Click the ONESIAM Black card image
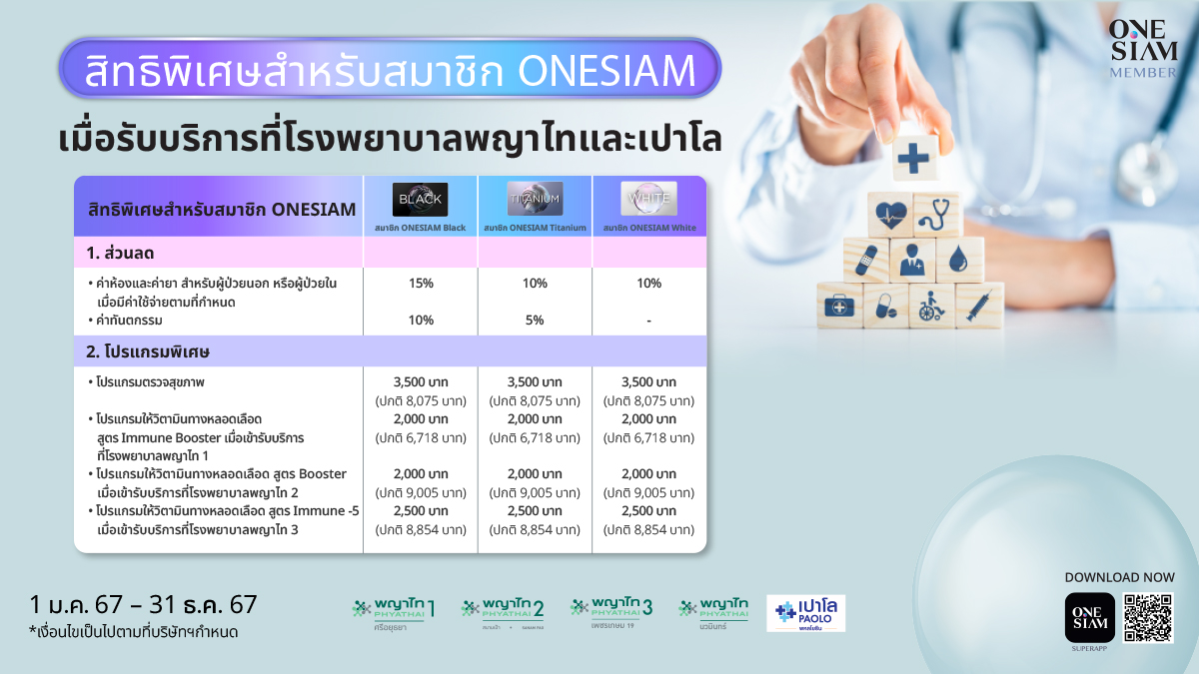[x=420, y=199]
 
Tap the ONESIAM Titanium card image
[x=535, y=199]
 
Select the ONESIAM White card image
[x=648, y=199]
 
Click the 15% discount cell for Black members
[x=420, y=284]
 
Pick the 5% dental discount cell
[x=535, y=321]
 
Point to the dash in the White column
[x=648, y=321]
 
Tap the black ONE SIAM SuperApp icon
[x=1089, y=618]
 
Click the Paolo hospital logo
[x=806, y=612]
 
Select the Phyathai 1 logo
[x=394, y=610]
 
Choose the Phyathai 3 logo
[x=611, y=609]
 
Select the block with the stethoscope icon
[x=935, y=213]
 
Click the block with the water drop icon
[x=959, y=259]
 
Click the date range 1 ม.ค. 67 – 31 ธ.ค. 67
[x=144, y=604]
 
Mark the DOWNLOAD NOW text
[x=1118, y=577]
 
